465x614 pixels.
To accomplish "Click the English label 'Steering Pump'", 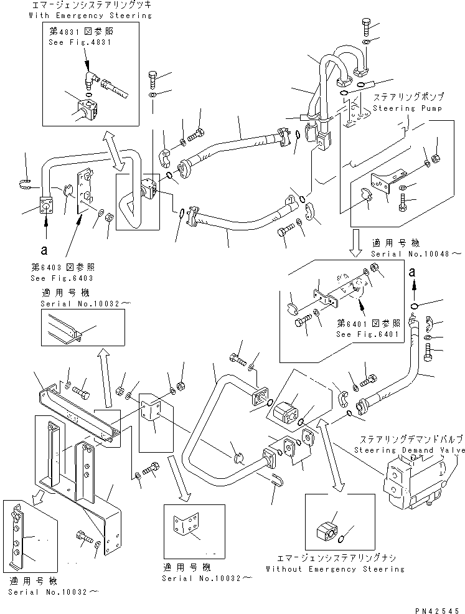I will [x=408, y=108].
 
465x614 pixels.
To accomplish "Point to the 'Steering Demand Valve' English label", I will [x=409, y=450].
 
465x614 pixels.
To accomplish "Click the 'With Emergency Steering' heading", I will [x=90, y=16].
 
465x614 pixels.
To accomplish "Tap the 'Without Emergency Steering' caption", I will [x=335, y=569].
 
